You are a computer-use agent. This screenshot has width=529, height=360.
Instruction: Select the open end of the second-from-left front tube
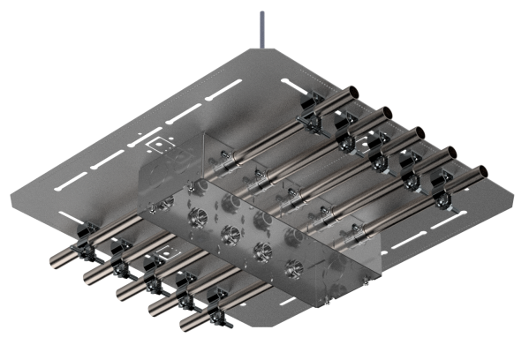click(x=88, y=276)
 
